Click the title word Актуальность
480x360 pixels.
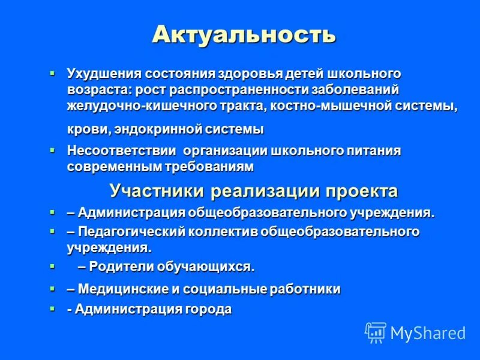click(x=244, y=34)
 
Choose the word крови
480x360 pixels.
click(x=85, y=129)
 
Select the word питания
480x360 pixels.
click(x=373, y=150)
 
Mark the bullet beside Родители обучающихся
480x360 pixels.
click(x=52, y=265)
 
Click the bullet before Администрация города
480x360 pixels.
click(x=52, y=308)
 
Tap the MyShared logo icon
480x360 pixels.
click(x=375, y=332)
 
